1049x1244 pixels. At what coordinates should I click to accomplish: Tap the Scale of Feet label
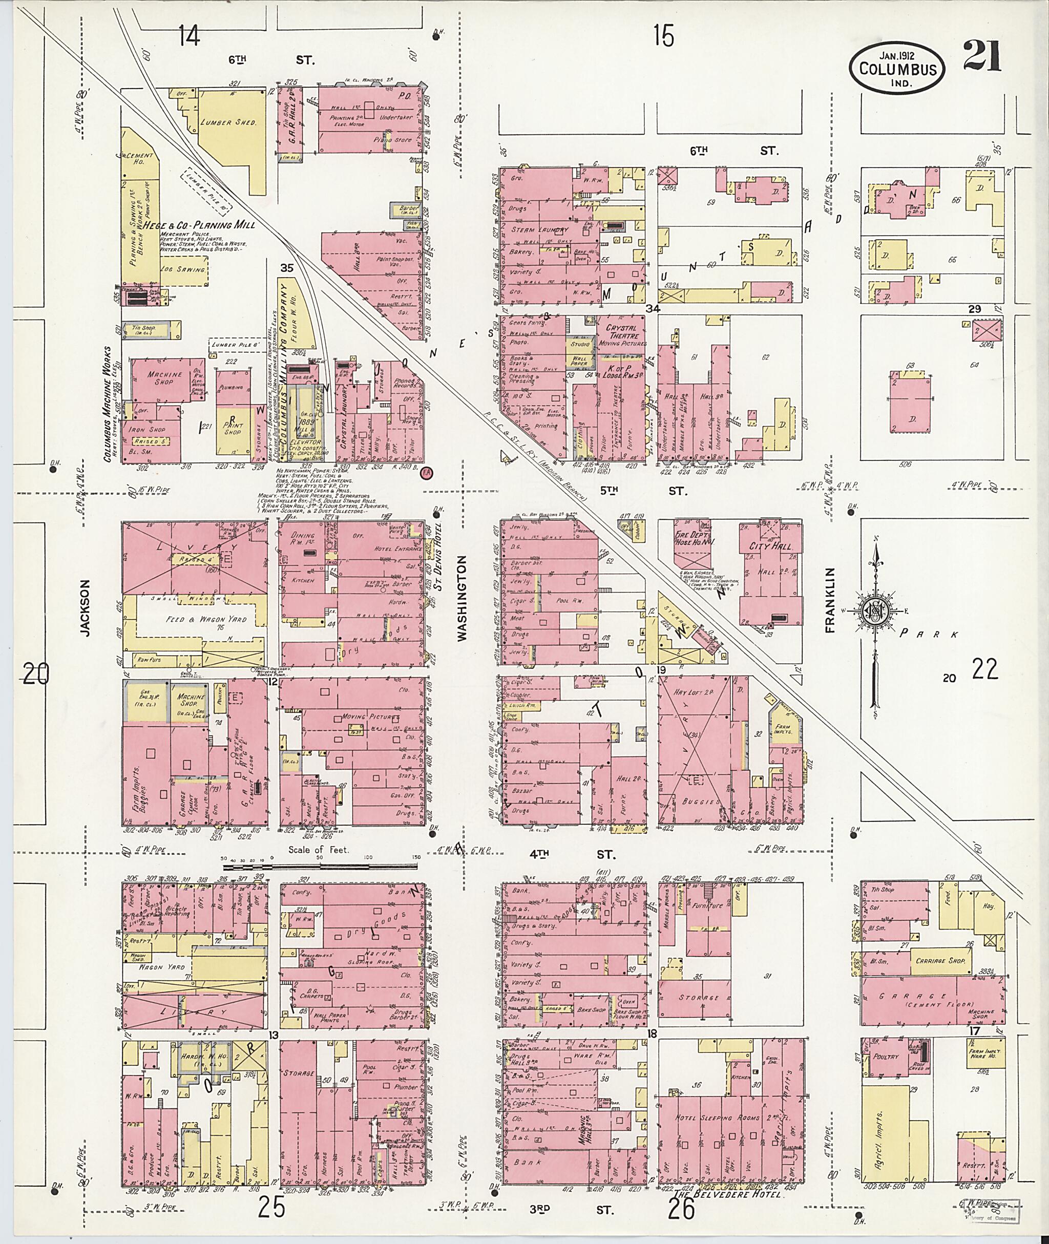318,850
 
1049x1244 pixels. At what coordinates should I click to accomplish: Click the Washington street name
462,598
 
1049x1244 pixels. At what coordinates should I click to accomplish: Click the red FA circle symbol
426,473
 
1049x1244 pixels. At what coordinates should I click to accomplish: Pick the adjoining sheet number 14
190,37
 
